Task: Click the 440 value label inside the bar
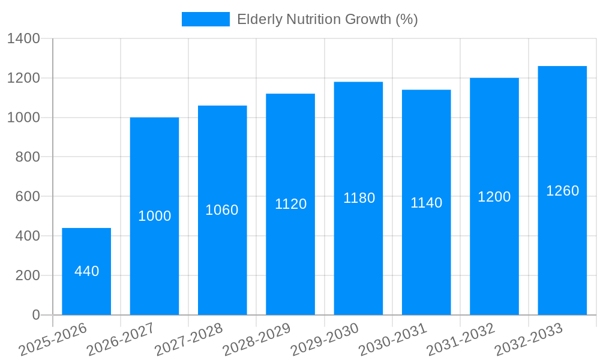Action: pos(86,271)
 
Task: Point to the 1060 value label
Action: pos(222,210)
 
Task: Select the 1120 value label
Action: pos(290,204)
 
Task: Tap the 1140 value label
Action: pos(426,203)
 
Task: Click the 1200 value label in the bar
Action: pos(494,197)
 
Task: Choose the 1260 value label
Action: pos(562,191)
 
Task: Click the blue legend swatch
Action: pos(205,19)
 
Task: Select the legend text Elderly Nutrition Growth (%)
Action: pos(327,19)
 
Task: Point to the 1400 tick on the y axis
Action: pos(23,39)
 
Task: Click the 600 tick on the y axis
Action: pos(28,197)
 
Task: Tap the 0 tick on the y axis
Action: pos(35,315)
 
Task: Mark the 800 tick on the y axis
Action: pos(28,157)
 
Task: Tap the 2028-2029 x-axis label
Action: pos(257,339)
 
